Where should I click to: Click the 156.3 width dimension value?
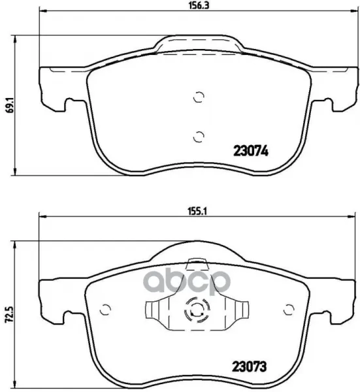pyautogui.click(x=198, y=5)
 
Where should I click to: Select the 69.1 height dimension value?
pyautogui.click(x=10, y=105)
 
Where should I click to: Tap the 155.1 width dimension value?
pyautogui.click(x=197, y=212)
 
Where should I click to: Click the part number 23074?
pyautogui.click(x=251, y=151)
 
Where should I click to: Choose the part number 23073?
pyautogui.click(x=249, y=367)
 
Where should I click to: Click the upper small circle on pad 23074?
pyautogui.click(x=199, y=97)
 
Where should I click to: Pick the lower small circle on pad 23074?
pyautogui.click(x=199, y=137)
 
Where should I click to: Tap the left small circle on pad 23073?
pyautogui.click(x=105, y=310)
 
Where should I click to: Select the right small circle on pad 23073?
pyautogui.click(x=289, y=310)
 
